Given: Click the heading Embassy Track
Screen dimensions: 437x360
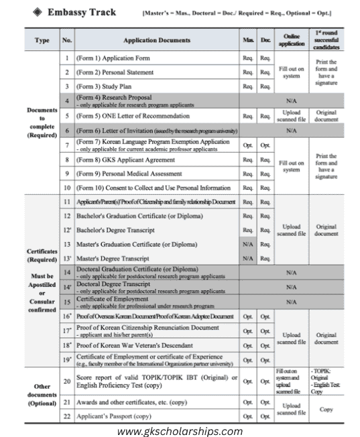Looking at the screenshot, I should [73, 12].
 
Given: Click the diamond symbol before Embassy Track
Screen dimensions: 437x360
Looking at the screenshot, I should [38, 12].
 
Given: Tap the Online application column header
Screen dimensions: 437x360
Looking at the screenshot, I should [291, 40].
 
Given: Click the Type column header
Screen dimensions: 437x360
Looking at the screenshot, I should [42, 40].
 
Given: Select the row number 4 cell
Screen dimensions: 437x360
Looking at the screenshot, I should [67, 100].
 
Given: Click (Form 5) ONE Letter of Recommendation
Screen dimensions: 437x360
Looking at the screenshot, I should [131, 115].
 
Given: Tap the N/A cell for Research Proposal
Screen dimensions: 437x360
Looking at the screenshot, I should [291, 100].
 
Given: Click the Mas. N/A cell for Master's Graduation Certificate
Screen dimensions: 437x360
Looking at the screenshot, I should [248, 243].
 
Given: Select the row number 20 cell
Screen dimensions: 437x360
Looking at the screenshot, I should [67, 380].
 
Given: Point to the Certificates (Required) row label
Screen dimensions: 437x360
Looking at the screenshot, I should [42, 255].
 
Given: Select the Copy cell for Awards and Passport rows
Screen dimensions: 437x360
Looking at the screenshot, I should [326, 408].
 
